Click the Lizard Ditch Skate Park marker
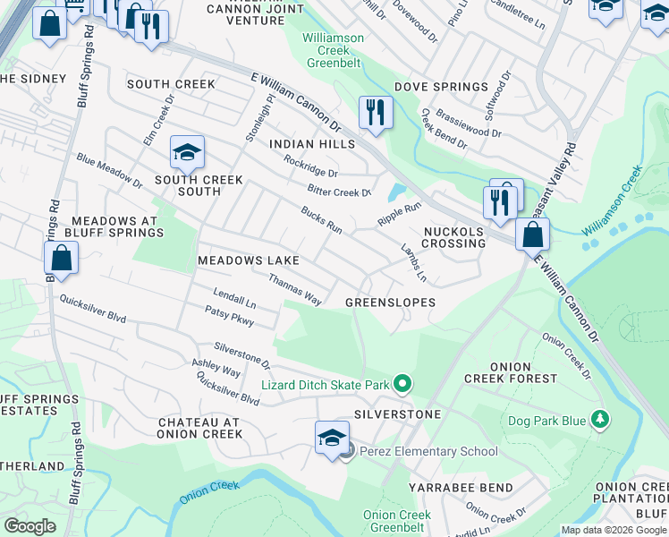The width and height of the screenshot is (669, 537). point(402,385)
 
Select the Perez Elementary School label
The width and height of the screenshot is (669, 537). point(428,452)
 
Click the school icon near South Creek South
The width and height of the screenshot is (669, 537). point(188,154)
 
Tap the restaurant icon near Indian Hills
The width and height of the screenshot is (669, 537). point(374,113)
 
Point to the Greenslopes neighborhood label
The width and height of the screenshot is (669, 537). point(391,303)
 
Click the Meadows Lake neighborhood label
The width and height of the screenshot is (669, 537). point(249,260)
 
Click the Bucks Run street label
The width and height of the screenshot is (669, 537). point(321,220)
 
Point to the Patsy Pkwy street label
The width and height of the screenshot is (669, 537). point(230,318)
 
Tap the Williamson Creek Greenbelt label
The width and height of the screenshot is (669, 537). point(333,51)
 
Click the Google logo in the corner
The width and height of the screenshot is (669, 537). point(30,525)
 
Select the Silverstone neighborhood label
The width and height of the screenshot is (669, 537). point(397,415)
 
